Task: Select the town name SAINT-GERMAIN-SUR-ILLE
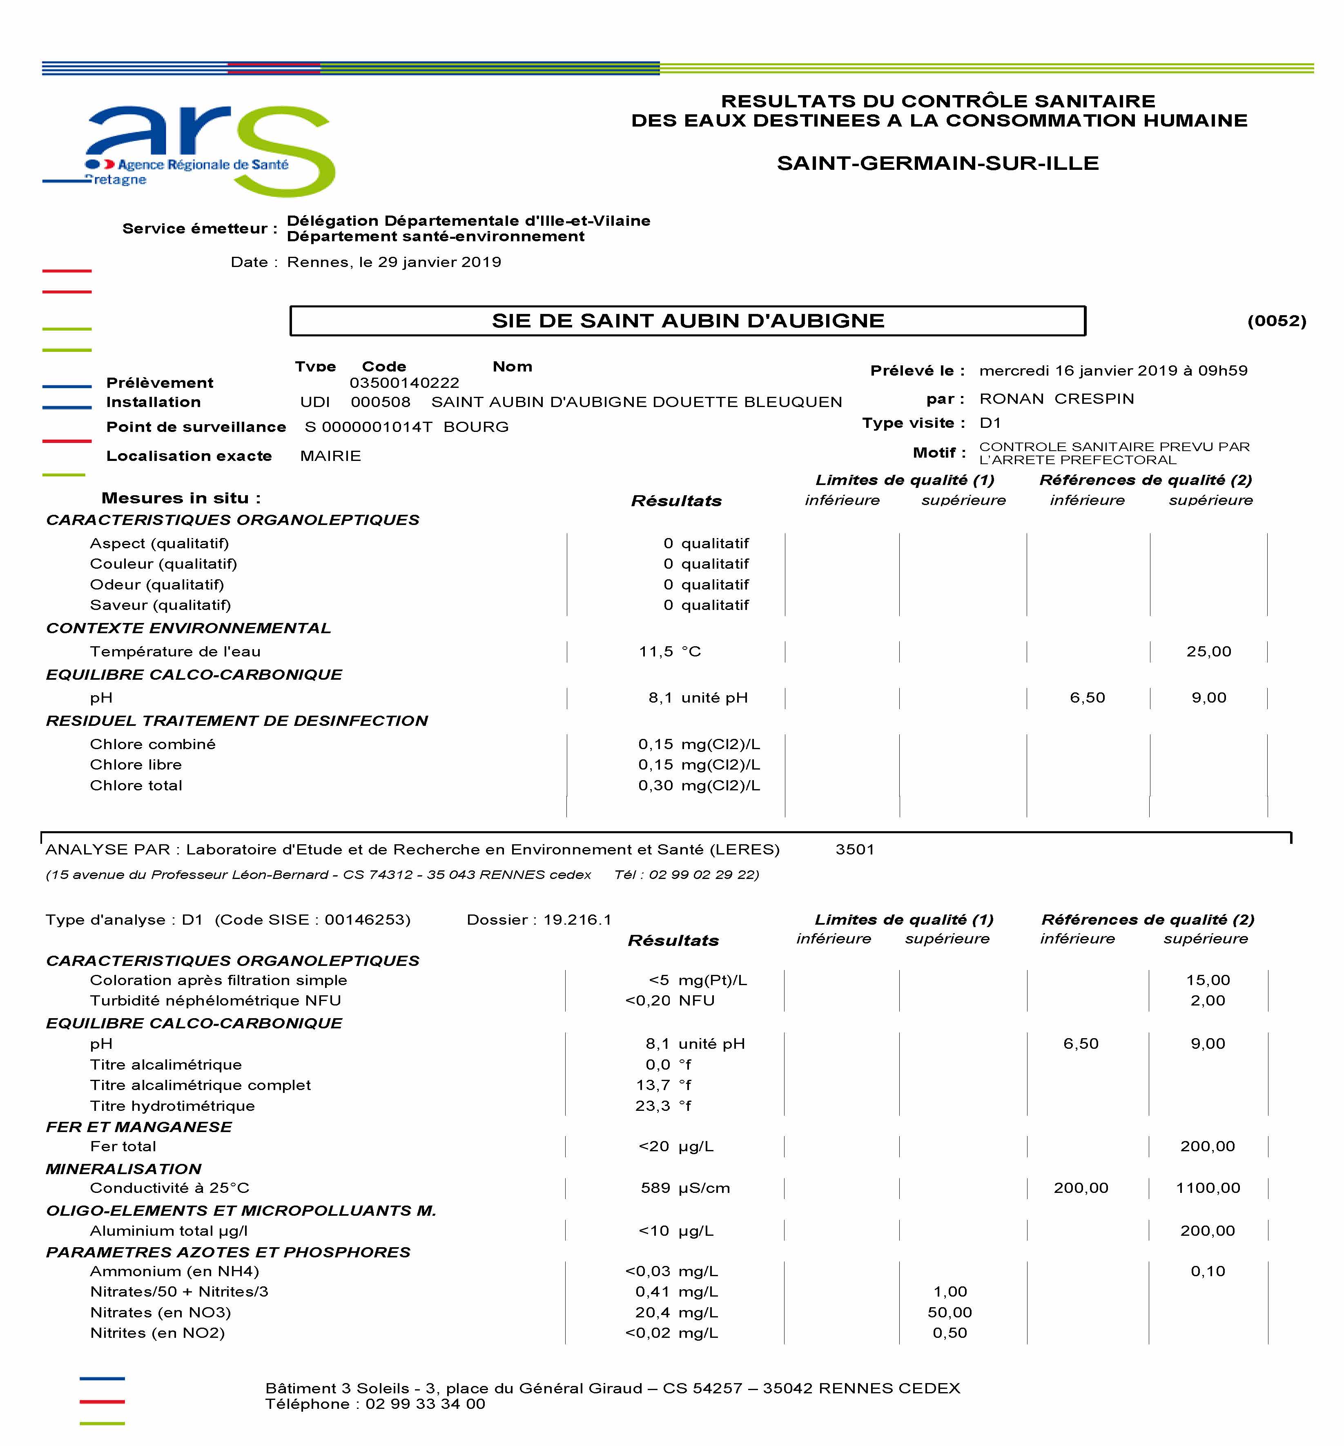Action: click(x=938, y=163)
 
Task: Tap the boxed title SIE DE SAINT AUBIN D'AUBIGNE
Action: click(x=687, y=320)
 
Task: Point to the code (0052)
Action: click(x=1276, y=320)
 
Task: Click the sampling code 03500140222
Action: click(x=404, y=383)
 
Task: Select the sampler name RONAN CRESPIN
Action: click(x=1056, y=398)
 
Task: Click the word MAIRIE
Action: click(x=330, y=456)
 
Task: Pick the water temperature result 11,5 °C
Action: click(x=669, y=652)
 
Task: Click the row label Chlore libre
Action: click(x=136, y=765)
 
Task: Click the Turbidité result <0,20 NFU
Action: click(x=669, y=1000)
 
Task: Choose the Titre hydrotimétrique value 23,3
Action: click(x=652, y=1106)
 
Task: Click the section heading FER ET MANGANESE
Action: click(x=139, y=1127)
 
